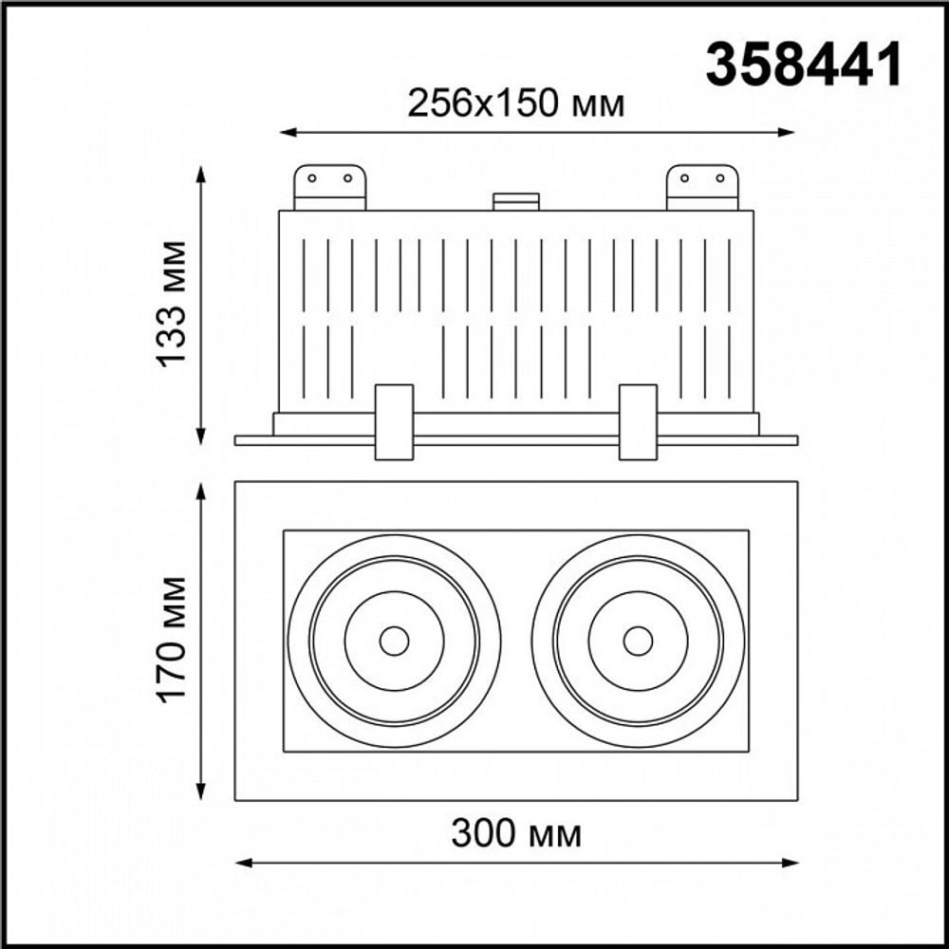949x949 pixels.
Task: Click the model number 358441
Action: (x=802, y=65)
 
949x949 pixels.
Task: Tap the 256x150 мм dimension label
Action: (x=516, y=103)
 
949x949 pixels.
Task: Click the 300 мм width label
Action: (x=516, y=834)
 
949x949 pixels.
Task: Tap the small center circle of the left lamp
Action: (x=393, y=641)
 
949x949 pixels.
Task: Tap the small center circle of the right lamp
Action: (x=638, y=641)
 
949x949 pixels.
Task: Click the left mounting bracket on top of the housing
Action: (x=329, y=187)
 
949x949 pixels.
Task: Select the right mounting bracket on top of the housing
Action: (x=702, y=187)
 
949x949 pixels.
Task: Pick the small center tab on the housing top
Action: (x=516, y=201)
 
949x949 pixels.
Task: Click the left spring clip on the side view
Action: (x=393, y=421)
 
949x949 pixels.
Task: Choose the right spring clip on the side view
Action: (x=638, y=421)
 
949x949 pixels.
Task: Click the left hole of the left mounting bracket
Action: (x=311, y=177)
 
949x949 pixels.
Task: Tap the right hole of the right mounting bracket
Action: (x=720, y=177)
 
